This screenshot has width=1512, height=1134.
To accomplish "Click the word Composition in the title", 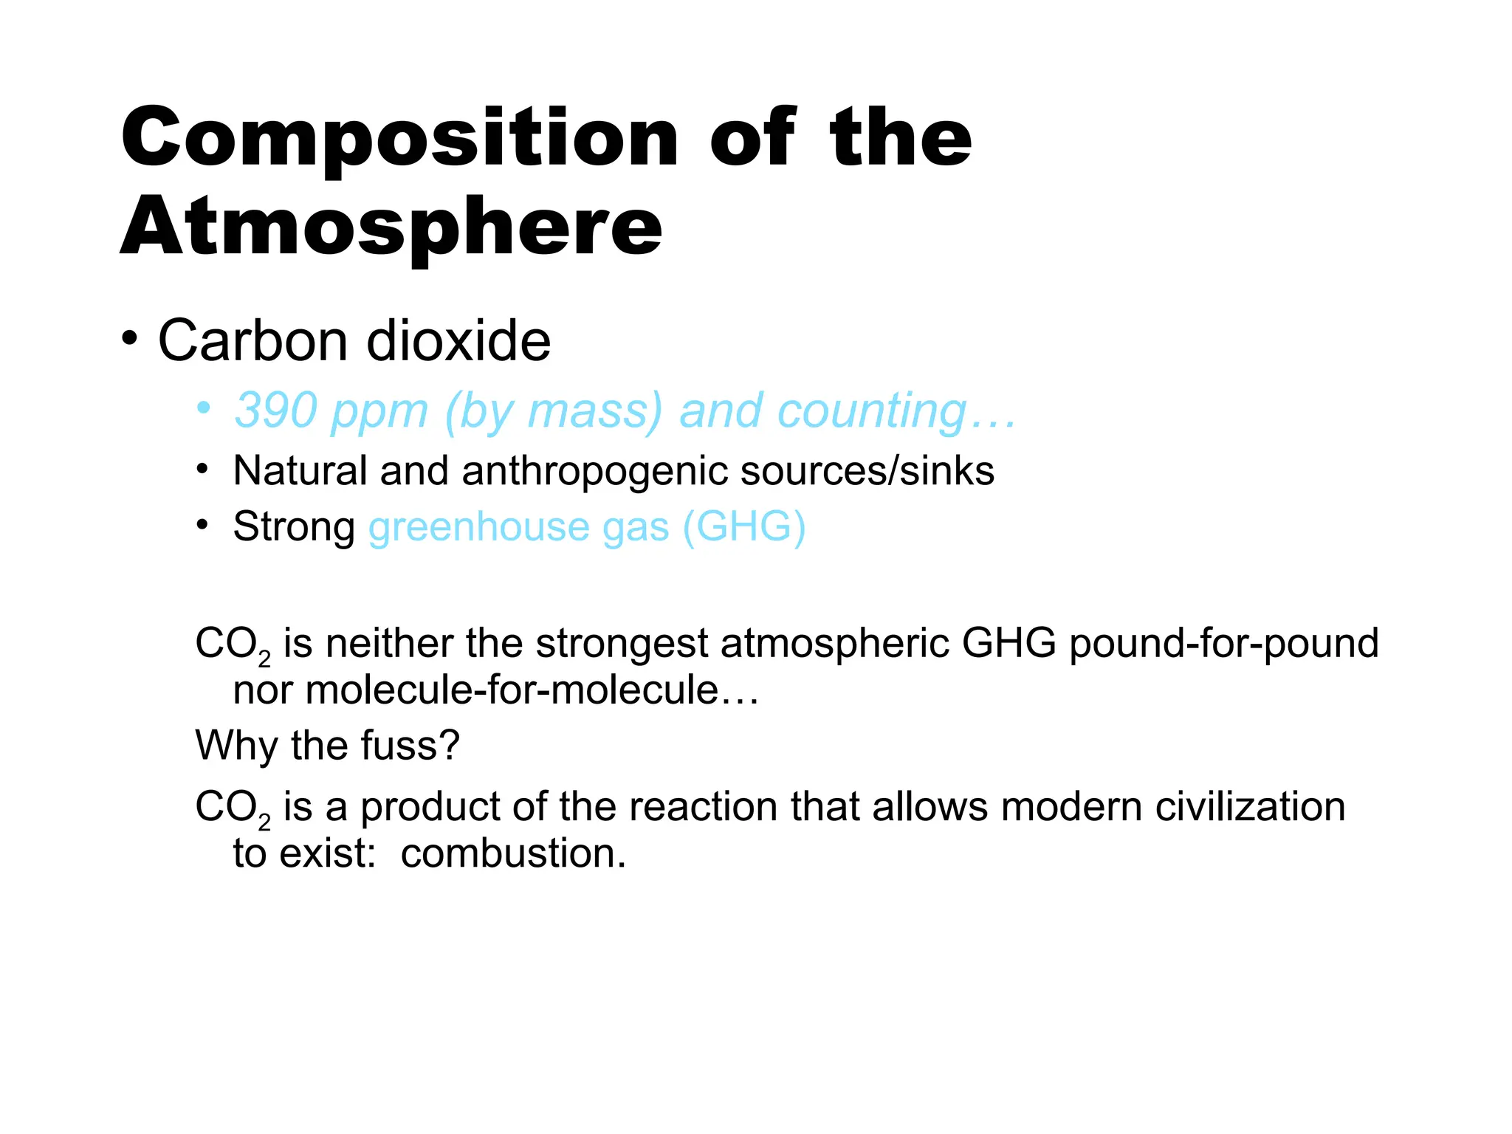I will pyautogui.click(x=399, y=139).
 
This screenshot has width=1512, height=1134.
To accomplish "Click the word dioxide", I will pyautogui.click(x=458, y=341).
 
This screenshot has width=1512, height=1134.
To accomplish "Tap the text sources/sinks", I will pyautogui.click(x=867, y=471).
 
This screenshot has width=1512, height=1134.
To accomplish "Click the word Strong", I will pyautogui.click(x=294, y=527).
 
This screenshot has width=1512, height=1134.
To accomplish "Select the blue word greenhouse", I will pyautogui.click(x=479, y=527).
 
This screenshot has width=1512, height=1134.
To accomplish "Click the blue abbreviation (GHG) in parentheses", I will pyautogui.click(x=743, y=527).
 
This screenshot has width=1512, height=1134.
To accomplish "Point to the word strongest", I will pyautogui.click(x=622, y=644).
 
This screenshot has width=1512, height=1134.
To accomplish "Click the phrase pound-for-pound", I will pyautogui.click(x=1223, y=644).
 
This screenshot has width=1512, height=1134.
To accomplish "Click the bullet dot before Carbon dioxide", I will pyautogui.click(x=130, y=339).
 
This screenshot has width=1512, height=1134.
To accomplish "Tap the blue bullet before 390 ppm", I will pyautogui.click(x=203, y=408).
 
